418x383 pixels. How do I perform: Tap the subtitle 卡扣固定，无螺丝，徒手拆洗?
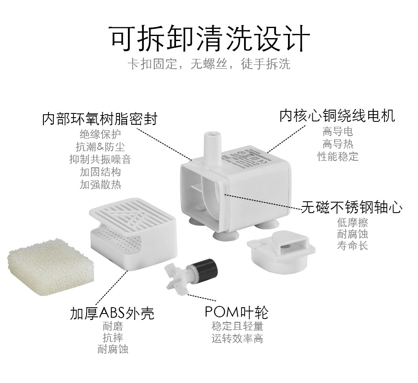(209, 64)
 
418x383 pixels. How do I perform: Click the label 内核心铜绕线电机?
(337, 115)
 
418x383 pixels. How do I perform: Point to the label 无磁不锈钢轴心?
(352, 207)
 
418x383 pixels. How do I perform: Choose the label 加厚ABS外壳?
(112, 313)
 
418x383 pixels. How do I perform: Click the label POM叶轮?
(236, 312)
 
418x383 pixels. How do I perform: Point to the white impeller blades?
(176, 276)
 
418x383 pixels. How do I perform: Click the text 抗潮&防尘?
(100, 147)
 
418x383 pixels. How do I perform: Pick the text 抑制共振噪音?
(100, 159)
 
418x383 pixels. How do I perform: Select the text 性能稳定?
(338, 157)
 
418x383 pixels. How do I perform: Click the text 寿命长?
(352, 246)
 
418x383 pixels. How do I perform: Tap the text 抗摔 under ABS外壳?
(112, 338)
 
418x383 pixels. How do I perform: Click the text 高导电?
(338, 131)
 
